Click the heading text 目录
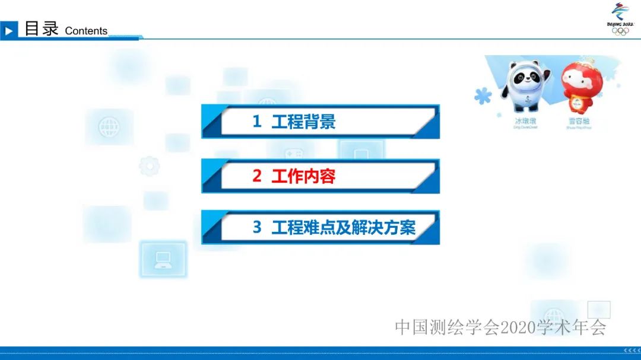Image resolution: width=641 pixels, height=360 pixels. (x=41, y=28)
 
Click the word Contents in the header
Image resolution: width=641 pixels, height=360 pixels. (x=86, y=31)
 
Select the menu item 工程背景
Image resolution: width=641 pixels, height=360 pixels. (x=303, y=122)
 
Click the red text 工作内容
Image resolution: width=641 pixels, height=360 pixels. (x=303, y=176)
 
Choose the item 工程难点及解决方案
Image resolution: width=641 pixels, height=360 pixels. (x=343, y=228)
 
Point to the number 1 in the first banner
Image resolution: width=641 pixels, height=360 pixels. (x=257, y=122)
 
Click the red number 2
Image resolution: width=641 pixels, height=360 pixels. (x=257, y=176)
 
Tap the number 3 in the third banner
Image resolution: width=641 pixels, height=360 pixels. (x=257, y=228)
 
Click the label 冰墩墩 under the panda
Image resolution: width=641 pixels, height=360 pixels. (x=525, y=120)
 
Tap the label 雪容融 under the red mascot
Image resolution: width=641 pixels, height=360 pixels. (x=579, y=120)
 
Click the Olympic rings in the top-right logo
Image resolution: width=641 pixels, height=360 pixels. (x=620, y=31)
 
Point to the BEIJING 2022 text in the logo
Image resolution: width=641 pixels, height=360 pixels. (x=620, y=24)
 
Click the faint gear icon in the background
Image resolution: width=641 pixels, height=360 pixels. (x=149, y=165)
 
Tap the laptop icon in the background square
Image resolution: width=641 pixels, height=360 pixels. (x=163, y=259)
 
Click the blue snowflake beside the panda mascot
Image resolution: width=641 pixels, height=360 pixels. (x=483, y=95)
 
